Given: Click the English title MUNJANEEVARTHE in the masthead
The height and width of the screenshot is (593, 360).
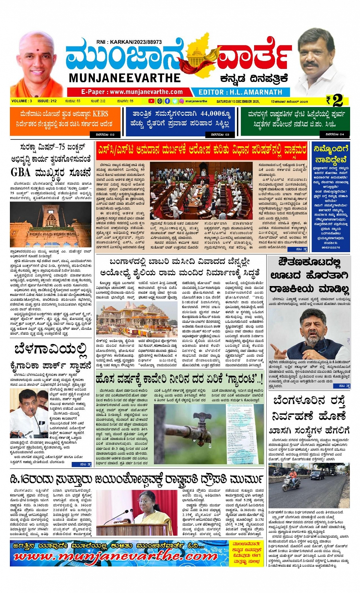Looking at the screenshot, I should [x=125, y=78].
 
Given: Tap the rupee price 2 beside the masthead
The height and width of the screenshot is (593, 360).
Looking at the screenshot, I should [x=337, y=101].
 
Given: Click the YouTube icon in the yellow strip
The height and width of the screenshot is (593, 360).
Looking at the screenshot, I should [x=151, y=101].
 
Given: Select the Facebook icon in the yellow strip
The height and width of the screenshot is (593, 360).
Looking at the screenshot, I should [x=167, y=101].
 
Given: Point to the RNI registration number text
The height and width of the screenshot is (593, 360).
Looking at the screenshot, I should [x=129, y=42].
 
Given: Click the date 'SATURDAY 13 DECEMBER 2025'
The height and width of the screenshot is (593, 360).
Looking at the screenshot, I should [x=238, y=101].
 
